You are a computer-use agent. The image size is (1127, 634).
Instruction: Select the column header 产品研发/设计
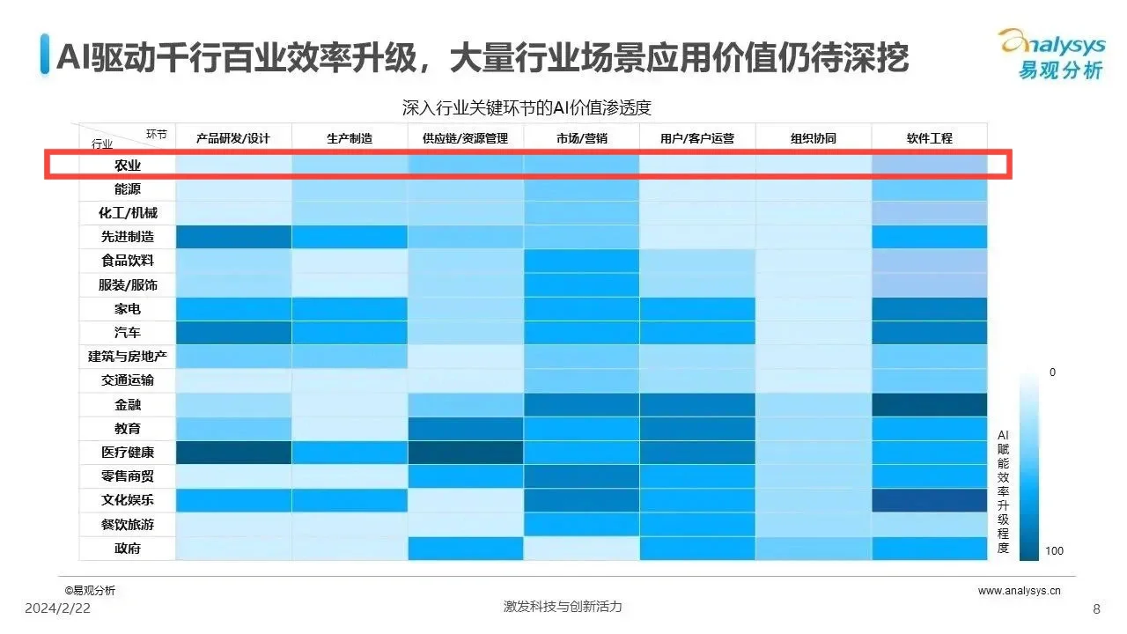232,138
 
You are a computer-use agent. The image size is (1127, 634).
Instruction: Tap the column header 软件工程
929,138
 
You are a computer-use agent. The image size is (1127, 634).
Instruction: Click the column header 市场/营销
581,138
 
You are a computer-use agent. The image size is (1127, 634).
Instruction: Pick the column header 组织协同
813,138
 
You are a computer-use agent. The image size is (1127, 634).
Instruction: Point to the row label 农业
127,165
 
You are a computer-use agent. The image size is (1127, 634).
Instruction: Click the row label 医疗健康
127,453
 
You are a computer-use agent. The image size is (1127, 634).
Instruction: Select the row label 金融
127,405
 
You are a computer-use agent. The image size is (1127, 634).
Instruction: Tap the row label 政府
127,549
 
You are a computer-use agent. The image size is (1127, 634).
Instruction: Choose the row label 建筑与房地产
127,357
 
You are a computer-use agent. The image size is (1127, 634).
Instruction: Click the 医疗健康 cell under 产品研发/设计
233,453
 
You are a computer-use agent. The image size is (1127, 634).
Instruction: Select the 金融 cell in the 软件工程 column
929,405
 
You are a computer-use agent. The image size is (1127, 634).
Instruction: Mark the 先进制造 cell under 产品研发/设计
233,237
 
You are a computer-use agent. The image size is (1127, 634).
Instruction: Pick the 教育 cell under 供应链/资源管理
466,429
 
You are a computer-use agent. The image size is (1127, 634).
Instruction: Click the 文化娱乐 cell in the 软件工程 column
929,500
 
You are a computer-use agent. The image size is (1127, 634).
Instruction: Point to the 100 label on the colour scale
1054,551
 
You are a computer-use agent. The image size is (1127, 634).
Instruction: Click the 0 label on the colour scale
1052,372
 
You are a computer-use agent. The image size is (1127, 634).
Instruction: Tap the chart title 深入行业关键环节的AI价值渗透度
526,107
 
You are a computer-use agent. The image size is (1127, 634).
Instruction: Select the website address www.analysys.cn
1019,591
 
